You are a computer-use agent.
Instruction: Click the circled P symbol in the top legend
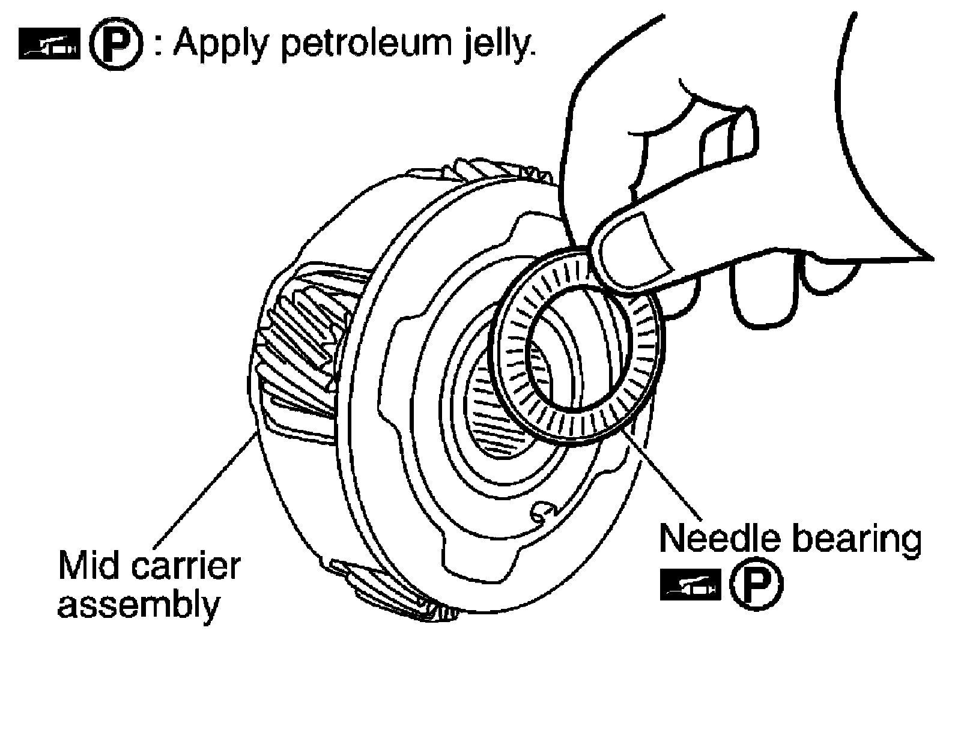click(x=115, y=46)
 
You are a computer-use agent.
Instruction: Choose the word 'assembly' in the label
click(x=138, y=605)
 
